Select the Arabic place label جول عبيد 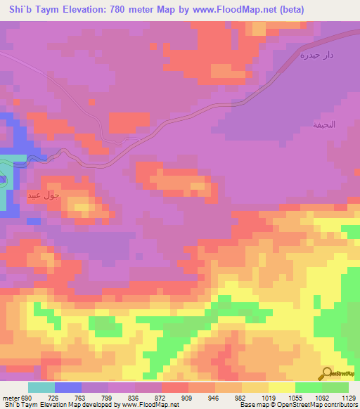(x=47, y=195)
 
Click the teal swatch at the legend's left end (x=41, y=388)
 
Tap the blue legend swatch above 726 (x=68, y=388)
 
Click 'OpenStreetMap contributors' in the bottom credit (x=317, y=405)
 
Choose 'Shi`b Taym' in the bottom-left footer (x=19, y=405)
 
